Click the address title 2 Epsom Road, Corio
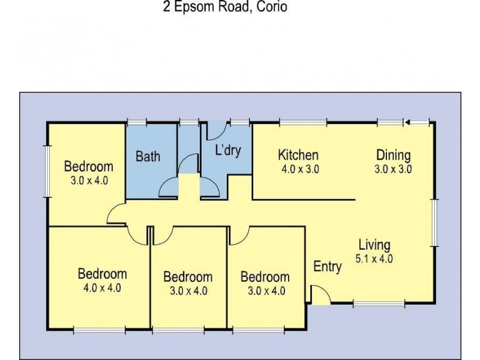point(225,8)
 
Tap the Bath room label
point(148,157)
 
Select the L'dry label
point(228,150)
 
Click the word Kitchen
point(298,155)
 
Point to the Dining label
point(393,155)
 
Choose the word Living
point(374,245)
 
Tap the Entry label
point(328,267)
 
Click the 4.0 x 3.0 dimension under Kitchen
point(300,169)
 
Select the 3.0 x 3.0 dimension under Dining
point(393,169)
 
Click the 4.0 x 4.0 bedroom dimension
point(102,287)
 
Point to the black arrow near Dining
point(407,123)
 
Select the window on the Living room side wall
point(435,223)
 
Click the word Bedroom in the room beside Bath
point(89,166)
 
